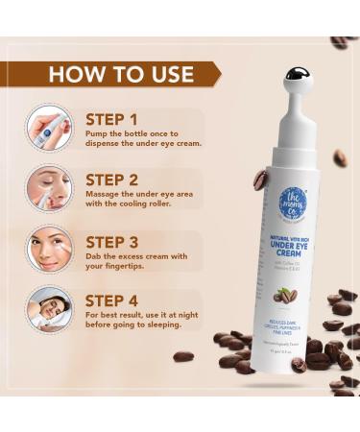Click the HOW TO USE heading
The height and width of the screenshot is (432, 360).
click(121, 74)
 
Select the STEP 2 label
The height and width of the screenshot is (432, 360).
click(112, 179)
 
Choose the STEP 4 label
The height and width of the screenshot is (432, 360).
click(112, 300)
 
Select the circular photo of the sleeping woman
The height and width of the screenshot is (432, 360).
click(49, 308)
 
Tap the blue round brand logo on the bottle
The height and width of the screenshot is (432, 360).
click(292, 203)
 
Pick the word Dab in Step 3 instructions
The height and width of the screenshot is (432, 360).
click(93, 256)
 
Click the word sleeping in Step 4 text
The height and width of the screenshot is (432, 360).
click(175, 326)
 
